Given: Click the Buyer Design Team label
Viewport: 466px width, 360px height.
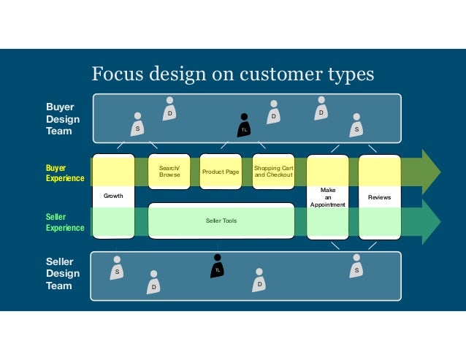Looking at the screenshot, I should [63, 118].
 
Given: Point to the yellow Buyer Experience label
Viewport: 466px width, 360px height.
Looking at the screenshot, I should [66, 173].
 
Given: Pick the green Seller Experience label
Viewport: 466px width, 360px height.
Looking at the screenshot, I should [66, 222].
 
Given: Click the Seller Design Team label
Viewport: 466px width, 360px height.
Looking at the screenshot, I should [63, 273].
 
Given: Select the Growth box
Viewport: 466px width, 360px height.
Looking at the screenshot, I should [113, 196].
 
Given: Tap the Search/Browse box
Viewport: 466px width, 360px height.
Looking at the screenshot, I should [169, 172].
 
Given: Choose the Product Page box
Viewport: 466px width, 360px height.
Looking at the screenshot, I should [221, 172].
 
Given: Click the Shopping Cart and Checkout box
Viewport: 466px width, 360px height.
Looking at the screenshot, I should [273, 172].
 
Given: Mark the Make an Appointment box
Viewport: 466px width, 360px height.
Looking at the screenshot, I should [327, 196].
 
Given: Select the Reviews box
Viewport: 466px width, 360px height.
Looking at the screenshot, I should [379, 196].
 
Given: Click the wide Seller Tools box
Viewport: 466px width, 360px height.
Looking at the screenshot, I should [221, 221].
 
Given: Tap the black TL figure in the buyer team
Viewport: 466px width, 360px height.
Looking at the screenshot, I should [245, 126].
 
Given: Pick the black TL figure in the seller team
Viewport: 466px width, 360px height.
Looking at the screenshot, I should [217, 266].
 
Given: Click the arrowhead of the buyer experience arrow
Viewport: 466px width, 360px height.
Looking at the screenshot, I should [431, 172].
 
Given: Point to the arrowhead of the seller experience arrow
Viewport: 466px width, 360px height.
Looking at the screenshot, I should [431, 221].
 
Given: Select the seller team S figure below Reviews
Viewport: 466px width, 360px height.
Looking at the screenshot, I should [356, 267].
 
